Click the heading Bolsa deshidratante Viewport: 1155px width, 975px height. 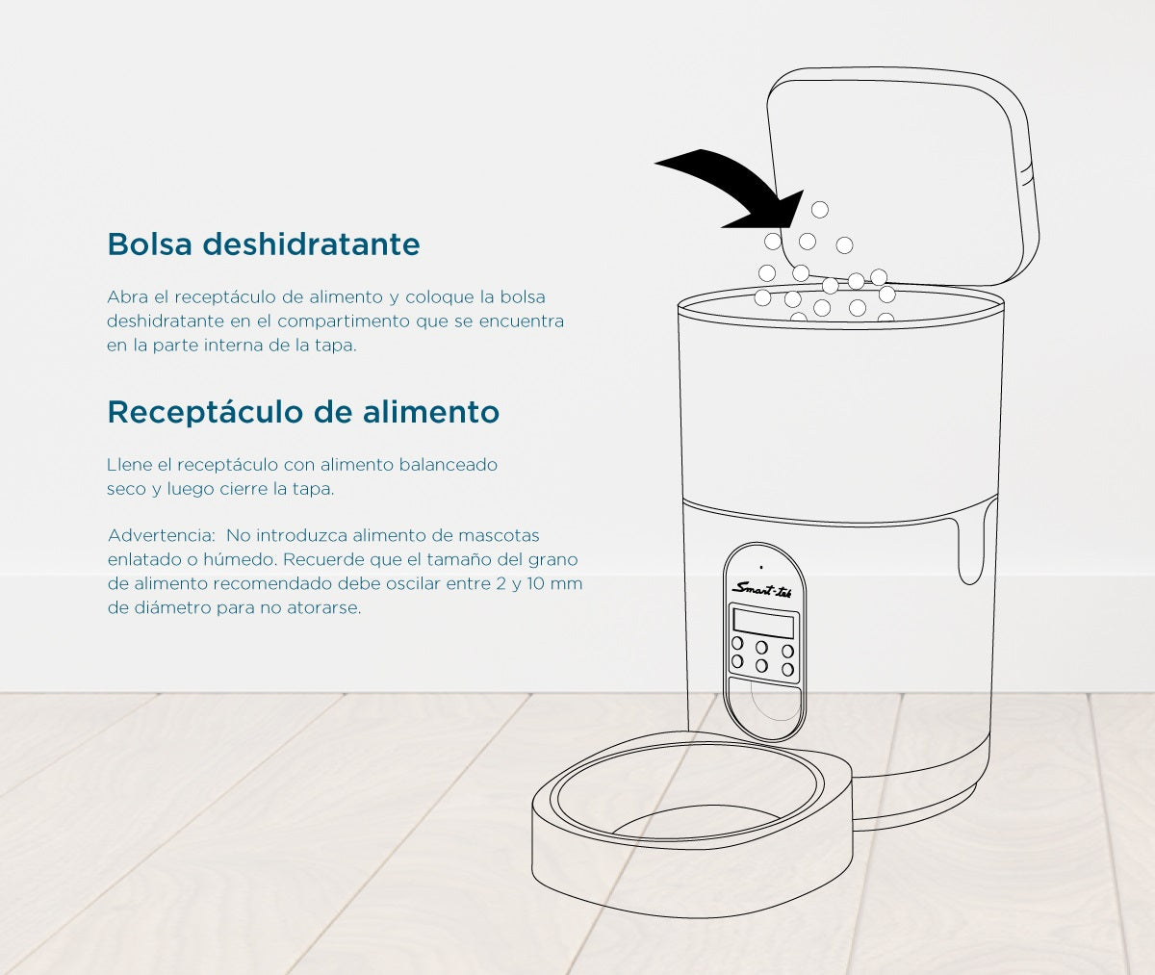264,244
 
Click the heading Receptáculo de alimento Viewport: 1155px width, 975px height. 303,412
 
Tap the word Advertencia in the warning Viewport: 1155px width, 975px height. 160,535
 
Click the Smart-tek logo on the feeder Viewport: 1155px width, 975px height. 761,588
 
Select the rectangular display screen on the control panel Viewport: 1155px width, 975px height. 763,623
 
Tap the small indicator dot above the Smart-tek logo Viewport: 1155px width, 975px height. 761,567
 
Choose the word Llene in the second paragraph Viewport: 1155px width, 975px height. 129,465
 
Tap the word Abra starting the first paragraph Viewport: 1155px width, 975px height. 127,297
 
